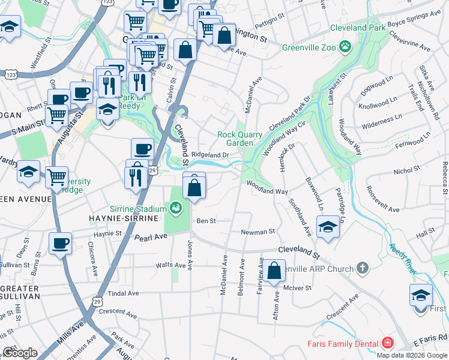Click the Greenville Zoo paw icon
345,46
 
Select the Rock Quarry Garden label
240,139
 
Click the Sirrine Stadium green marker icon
176,208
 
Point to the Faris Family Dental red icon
388,344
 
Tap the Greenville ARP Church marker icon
362,268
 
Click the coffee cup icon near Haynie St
60,244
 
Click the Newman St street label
258,232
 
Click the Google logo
20,353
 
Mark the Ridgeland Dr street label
210,155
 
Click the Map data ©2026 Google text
411,355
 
